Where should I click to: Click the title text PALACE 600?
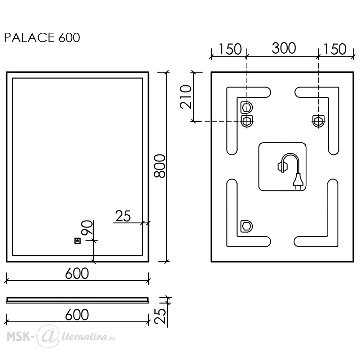coord(42,38)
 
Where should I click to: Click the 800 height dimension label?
coord(160,166)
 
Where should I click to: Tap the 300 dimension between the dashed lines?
coord(284,49)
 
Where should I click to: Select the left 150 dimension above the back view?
coord(230,49)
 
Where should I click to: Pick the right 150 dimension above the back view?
coord(334,49)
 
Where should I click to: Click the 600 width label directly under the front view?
coord(77,273)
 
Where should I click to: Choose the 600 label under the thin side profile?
coord(77,315)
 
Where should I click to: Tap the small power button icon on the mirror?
coord(77,241)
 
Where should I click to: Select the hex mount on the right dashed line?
coord(319,121)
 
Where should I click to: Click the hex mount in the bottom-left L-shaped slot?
coord(246,226)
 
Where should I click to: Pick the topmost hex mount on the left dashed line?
coord(246,107)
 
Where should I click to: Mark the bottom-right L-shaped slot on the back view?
coord(333,236)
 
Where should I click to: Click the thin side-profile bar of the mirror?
coord(77,300)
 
